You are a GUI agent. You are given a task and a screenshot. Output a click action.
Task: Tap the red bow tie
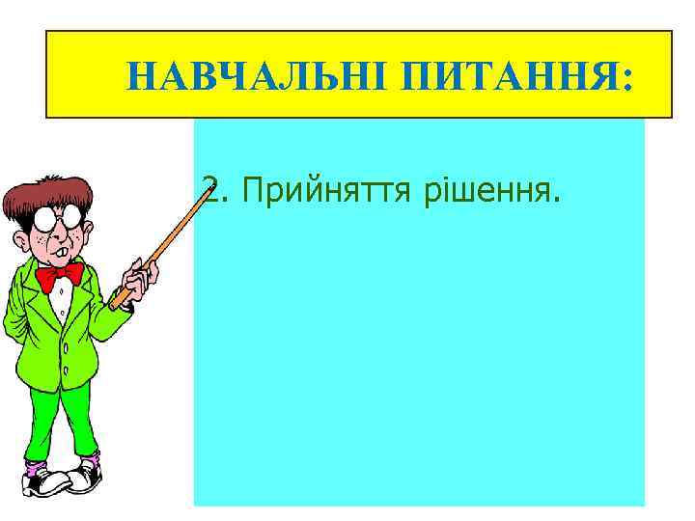[59, 276]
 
